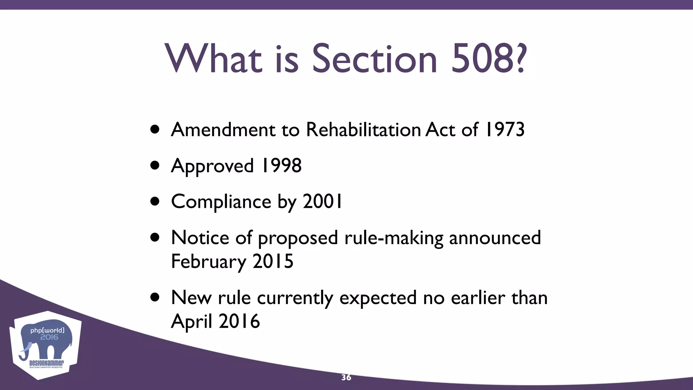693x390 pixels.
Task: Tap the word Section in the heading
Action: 374,59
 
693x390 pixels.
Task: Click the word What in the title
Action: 214,59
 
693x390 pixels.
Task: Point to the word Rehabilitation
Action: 363,130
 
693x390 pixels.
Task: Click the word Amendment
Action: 223,130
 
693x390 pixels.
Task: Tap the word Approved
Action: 212,166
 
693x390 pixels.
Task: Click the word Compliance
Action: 221,202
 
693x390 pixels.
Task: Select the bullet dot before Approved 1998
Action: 155,166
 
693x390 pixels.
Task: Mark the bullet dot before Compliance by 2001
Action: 155,201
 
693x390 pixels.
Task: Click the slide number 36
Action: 346,377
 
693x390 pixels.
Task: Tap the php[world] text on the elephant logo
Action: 47,330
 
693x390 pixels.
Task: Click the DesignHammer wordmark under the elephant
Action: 46,363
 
